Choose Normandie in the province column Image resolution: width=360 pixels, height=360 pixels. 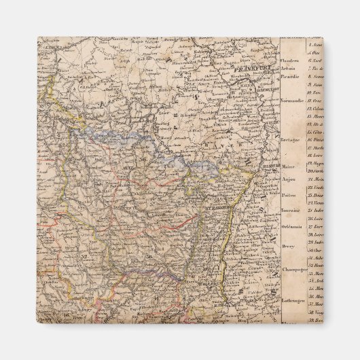pyautogui.click(x=292, y=101)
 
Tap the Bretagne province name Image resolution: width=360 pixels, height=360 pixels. pyautogui.click(x=291, y=137)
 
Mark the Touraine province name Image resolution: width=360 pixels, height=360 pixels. pyautogui.click(x=291, y=211)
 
